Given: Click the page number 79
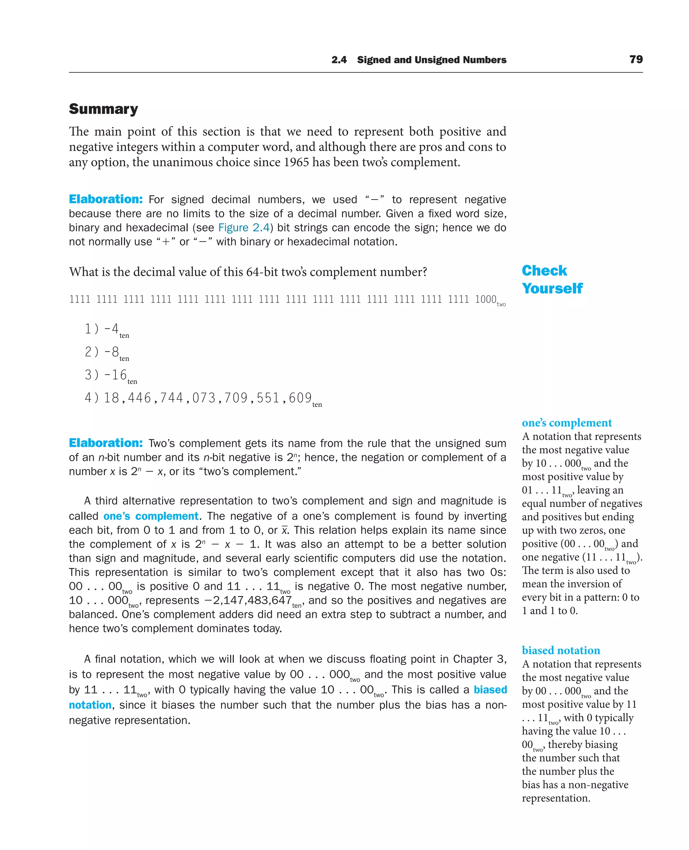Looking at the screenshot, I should point(636,59).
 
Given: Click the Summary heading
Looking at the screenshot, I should point(103,109).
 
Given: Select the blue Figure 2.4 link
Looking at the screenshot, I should point(244,227).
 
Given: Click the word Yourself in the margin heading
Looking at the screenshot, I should point(552,288).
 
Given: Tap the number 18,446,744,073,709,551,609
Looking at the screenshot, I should point(208,398).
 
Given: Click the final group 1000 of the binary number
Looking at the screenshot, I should point(485,299).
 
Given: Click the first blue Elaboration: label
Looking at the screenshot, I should point(106,199).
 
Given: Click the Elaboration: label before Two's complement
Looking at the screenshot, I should point(106,443).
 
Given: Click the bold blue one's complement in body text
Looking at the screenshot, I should point(151,516).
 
